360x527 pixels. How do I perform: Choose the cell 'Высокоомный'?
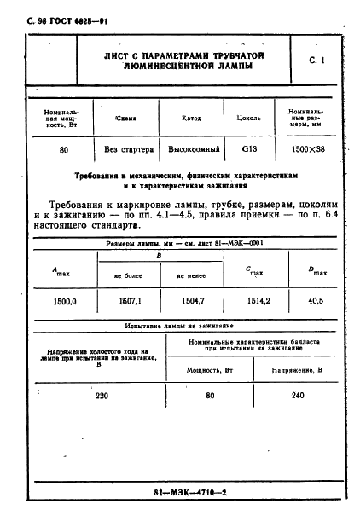tap(193, 150)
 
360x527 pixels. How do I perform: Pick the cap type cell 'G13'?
tap(249, 149)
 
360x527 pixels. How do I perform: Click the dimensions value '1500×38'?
tap(310, 150)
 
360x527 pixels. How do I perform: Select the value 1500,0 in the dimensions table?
tap(66, 301)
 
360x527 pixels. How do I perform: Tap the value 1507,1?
tap(127, 301)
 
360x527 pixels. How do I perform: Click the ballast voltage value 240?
tap(297, 396)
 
